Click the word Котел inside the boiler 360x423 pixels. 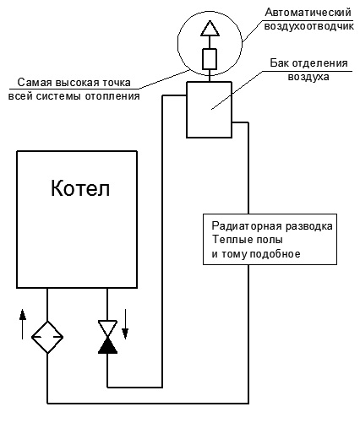(80, 187)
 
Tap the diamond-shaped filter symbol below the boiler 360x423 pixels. (47, 337)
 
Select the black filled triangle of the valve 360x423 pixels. (107, 345)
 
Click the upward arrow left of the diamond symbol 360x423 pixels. (23, 323)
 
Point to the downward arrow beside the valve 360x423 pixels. (125, 324)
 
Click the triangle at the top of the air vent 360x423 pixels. (210, 29)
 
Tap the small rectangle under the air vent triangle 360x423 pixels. (210, 59)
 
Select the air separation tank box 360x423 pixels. (210, 110)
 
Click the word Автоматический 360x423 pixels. (308, 13)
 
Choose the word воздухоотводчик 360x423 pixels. (308, 26)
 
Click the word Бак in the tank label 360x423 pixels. (280, 62)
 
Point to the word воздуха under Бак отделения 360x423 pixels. (308, 77)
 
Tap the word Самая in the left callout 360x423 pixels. (35, 83)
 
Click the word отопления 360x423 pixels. (112, 96)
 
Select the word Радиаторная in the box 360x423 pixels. (247, 226)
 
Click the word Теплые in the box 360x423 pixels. (229, 240)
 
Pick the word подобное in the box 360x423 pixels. (275, 254)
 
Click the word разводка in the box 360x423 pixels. (309, 226)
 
